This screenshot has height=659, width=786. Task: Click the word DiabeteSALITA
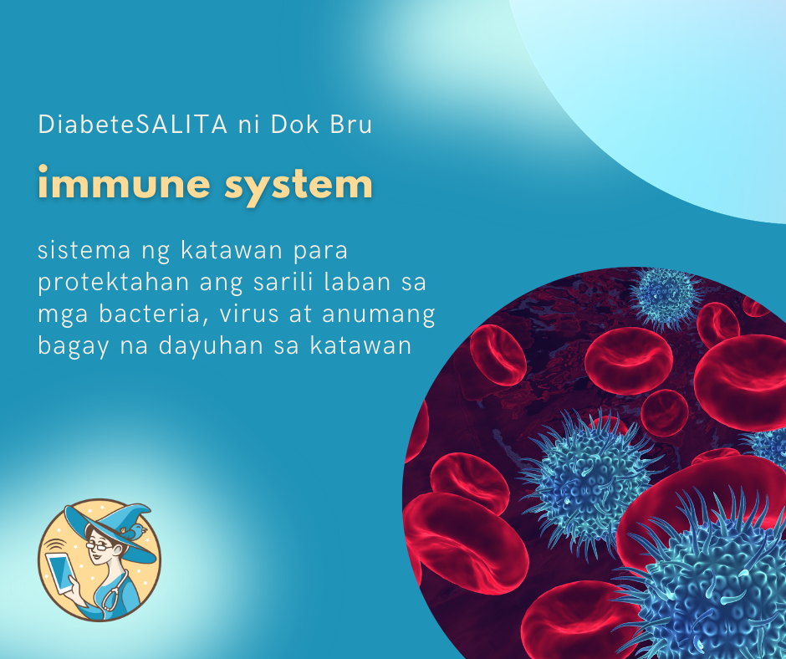point(133,125)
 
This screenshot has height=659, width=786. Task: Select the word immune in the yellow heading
point(124,183)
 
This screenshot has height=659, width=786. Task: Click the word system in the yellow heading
point(299,186)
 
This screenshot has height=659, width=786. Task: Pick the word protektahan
point(114,283)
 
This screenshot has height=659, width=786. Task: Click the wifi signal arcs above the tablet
point(54,544)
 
